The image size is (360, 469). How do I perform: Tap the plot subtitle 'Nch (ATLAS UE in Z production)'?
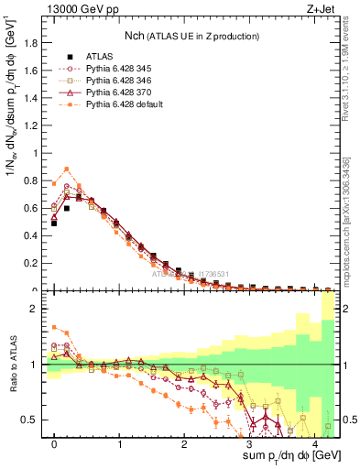(192, 36)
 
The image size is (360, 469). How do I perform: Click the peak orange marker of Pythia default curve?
(67, 169)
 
